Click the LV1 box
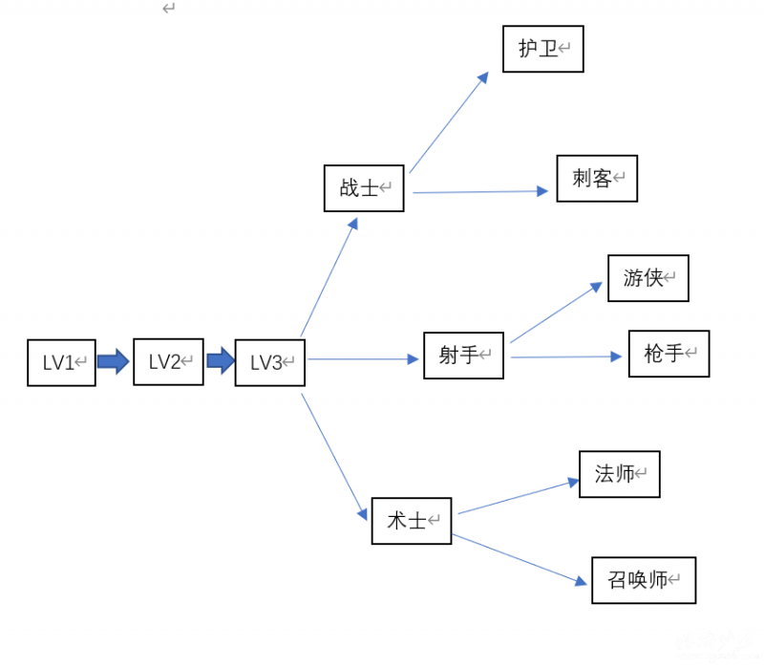(x=61, y=362)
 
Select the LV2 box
(x=168, y=361)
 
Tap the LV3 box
(x=269, y=363)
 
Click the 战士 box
(x=364, y=187)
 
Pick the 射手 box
(x=463, y=356)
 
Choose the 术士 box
(x=411, y=521)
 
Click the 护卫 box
(x=542, y=49)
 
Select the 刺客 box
(x=597, y=179)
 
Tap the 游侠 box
(x=647, y=278)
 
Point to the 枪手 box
(x=668, y=354)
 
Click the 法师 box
(x=619, y=474)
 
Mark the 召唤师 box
(x=643, y=580)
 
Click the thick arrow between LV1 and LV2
(x=114, y=361)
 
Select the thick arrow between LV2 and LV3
(x=221, y=361)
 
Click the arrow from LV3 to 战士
(x=329, y=277)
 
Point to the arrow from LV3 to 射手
(x=364, y=359)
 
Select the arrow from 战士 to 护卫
(x=449, y=121)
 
